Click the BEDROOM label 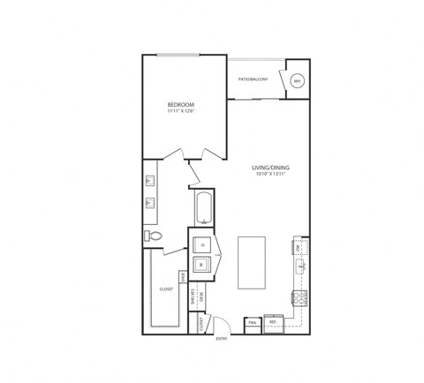click(x=180, y=104)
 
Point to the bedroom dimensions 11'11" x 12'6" click(x=180, y=111)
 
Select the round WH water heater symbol click(x=297, y=80)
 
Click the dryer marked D click(x=202, y=243)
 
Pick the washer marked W click(x=202, y=264)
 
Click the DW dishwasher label click(x=299, y=249)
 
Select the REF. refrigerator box click(x=274, y=323)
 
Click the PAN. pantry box click(x=252, y=323)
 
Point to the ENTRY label click(x=223, y=336)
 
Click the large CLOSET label click(x=166, y=288)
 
